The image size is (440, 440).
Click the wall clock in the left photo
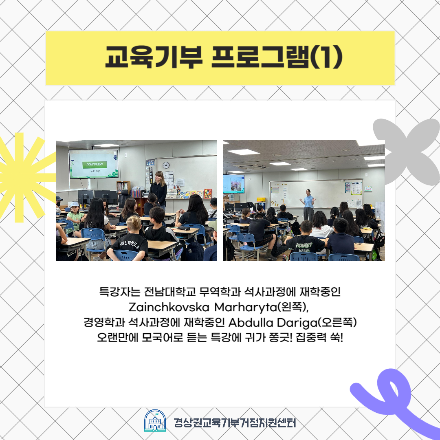click(166, 165)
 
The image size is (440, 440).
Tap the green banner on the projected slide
click(95, 165)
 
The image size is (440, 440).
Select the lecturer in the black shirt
click(158, 189)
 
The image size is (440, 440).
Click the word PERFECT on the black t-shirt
click(304, 245)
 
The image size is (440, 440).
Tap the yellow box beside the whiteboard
click(261, 200)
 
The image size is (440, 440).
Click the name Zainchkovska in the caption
click(169, 307)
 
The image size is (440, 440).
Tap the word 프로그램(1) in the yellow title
click(277, 57)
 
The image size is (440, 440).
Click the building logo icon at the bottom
click(155, 420)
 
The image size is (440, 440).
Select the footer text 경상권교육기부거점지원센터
click(235, 422)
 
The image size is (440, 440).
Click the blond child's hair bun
click(134, 220)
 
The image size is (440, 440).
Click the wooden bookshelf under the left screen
click(123, 187)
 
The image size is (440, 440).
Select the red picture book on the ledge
click(208, 194)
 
